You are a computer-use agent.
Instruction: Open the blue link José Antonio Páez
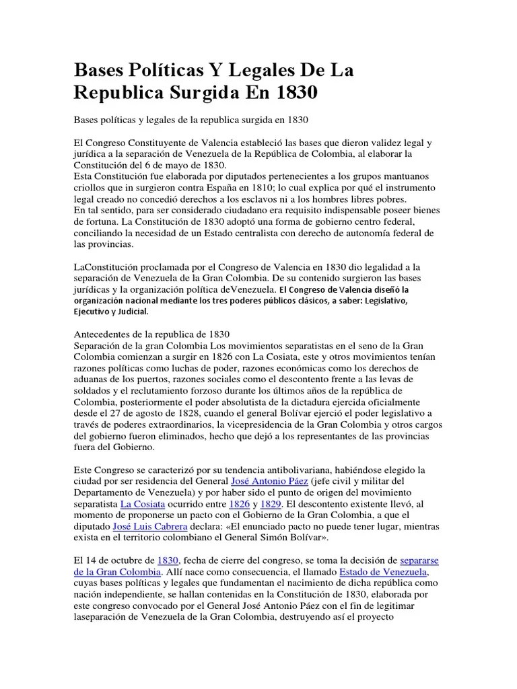[270, 481]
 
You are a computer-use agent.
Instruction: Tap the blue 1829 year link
[271, 504]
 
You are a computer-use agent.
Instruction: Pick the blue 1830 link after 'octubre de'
[168, 560]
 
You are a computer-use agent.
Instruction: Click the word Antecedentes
[110, 334]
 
